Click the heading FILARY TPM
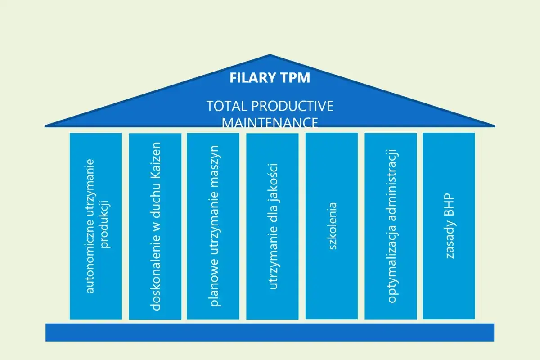(x=270, y=78)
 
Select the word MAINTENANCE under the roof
(x=270, y=122)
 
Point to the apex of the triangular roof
(x=270, y=56)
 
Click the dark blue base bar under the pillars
(x=270, y=332)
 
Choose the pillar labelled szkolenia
(x=332, y=225)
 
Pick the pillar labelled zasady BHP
(x=449, y=225)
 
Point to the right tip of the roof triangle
(x=494, y=126)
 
